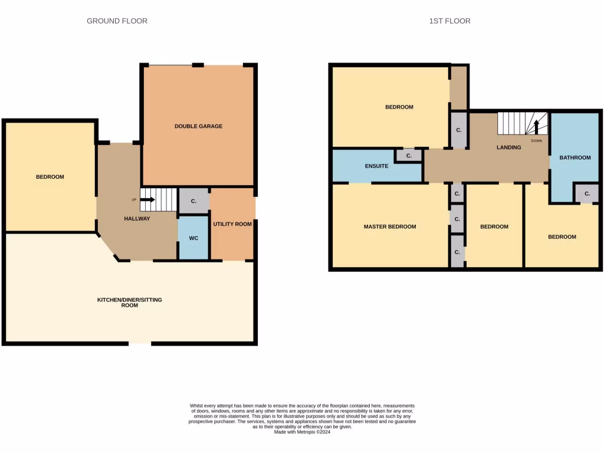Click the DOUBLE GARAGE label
198,126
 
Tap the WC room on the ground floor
193,238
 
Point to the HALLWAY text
137,219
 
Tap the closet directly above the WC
193,201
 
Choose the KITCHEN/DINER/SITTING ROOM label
130,303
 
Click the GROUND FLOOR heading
117,21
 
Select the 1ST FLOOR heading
449,21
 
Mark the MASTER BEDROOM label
389,226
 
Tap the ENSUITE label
376,166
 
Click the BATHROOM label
575,157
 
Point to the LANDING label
508,147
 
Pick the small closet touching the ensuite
409,156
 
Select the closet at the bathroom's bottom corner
587,193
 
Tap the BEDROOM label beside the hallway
50,177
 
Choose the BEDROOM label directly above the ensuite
399,107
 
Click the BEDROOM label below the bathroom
562,237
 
